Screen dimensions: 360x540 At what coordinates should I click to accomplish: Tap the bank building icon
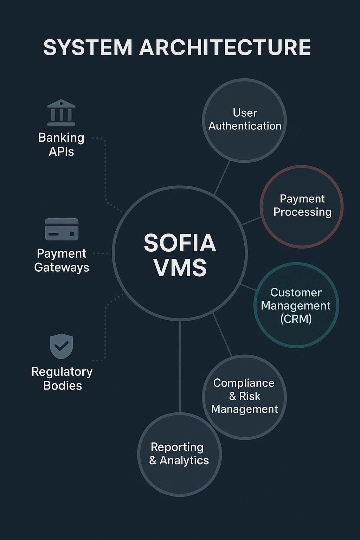61,112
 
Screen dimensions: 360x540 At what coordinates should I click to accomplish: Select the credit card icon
62,229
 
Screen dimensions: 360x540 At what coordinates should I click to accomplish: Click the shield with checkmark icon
61,346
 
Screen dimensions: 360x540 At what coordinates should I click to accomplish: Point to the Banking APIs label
61,144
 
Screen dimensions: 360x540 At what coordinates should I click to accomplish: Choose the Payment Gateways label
62,261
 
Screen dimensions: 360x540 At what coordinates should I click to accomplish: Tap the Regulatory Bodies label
62,379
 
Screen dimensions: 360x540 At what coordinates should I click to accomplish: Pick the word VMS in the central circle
180,268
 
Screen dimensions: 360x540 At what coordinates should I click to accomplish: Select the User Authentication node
244,120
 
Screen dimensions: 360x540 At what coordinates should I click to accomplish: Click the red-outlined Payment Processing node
302,207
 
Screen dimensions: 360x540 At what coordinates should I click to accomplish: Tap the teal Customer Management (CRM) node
296,305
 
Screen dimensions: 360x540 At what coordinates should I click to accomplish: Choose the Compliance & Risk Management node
244,397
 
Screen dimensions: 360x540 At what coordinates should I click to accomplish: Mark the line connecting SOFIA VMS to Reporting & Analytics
180,367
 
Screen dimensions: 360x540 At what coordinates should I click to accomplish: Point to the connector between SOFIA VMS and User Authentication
222,178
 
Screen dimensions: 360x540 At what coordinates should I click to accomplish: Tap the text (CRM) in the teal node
296,319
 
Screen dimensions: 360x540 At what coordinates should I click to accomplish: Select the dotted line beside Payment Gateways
101,253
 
